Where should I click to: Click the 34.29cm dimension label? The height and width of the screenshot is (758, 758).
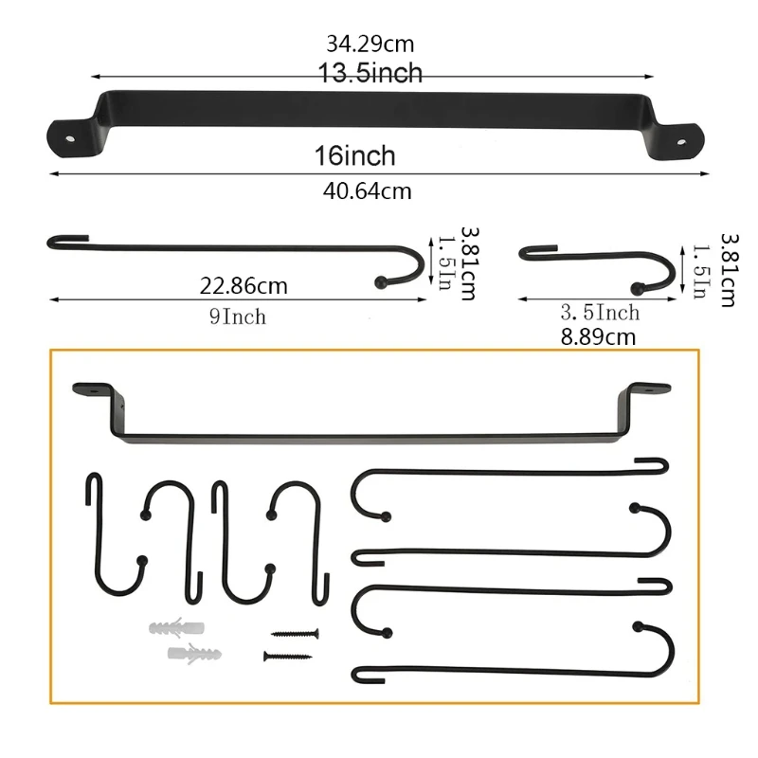(370, 44)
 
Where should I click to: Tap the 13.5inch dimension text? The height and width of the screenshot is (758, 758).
(370, 73)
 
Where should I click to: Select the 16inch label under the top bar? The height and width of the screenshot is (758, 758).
(354, 155)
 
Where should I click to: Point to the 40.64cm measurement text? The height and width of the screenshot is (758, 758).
(368, 191)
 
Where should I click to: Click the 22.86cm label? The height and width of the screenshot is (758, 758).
(244, 286)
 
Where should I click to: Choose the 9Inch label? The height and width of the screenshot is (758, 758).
(238, 316)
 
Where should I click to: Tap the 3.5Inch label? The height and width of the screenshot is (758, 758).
(600, 313)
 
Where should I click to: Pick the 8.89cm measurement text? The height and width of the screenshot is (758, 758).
(598, 337)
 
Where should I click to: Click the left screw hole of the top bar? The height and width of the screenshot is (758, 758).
(70, 139)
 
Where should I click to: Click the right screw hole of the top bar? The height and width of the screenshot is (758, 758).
(681, 143)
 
